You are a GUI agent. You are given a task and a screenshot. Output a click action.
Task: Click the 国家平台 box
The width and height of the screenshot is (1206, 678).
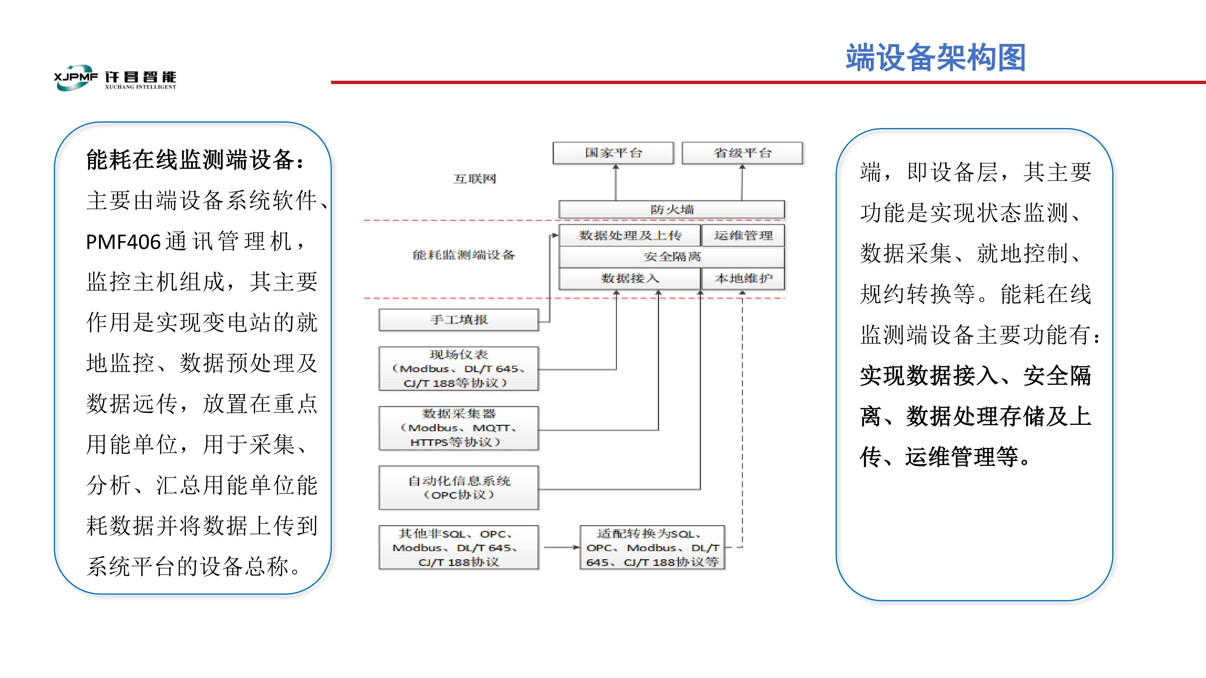click(613, 153)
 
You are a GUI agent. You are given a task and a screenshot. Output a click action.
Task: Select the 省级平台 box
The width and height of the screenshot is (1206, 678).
click(742, 153)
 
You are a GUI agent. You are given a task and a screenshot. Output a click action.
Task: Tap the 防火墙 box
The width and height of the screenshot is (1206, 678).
click(672, 209)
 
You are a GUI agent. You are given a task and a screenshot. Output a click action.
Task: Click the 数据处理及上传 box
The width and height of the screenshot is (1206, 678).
click(630, 235)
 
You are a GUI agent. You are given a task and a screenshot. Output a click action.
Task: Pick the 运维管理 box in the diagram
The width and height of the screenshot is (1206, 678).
click(743, 235)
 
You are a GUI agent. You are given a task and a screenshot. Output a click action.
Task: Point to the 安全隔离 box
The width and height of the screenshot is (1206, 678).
click(672, 256)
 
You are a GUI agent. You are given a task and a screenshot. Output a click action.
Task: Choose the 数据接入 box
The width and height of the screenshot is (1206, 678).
click(630, 278)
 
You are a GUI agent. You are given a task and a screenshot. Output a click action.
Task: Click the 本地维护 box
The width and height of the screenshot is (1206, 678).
click(743, 278)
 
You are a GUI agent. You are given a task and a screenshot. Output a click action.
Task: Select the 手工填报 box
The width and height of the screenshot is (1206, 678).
click(459, 320)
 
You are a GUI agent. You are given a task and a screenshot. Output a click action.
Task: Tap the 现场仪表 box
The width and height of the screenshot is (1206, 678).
click(459, 369)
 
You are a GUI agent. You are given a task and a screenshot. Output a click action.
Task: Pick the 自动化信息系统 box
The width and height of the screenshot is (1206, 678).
click(459, 488)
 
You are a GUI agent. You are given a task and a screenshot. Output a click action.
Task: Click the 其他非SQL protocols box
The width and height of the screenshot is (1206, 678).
click(459, 548)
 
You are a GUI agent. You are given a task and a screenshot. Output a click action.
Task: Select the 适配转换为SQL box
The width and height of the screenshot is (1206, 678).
click(652, 548)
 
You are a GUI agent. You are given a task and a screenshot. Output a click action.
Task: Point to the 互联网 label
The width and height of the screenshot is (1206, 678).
click(474, 179)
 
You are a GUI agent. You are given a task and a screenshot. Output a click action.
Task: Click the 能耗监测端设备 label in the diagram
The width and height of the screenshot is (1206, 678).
click(463, 255)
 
